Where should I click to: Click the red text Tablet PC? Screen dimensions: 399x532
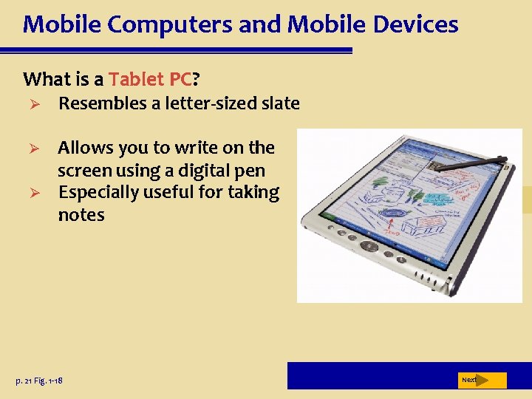coord(150,78)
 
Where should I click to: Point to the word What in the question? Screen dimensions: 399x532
coord(47,78)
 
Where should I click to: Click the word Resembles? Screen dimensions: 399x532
coord(103,103)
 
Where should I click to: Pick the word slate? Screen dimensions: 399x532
coord(282,103)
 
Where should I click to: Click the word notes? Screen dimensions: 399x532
coord(81,215)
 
